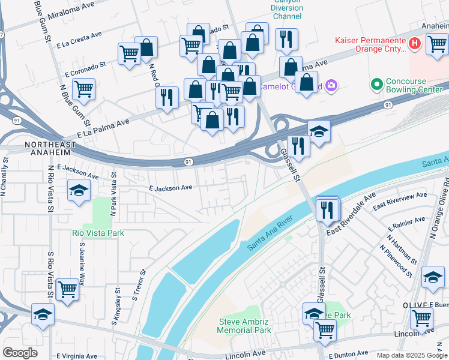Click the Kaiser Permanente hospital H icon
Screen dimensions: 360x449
[x=414, y=44]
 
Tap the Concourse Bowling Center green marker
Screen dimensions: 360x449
[x=377, y=83]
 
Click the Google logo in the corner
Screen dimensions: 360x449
[x=20, y=353]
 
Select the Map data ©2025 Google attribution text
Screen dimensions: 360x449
[x=412, y=355]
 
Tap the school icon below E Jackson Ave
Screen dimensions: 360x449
[x=78, y=191]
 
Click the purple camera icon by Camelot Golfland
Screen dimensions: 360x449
[x=331, y=86]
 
